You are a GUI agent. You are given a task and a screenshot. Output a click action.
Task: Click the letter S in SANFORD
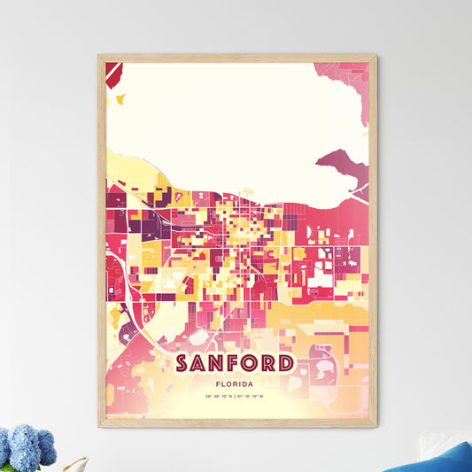click(x=183, y=364)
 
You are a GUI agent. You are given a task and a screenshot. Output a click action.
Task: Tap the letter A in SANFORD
click(x=201, y=364)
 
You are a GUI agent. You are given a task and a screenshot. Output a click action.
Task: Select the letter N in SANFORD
click(x=220, y=364)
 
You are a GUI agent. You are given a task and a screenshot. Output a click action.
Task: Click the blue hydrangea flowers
click(x=27, y=447)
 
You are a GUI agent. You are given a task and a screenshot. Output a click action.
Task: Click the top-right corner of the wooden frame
click(x=375, y=56)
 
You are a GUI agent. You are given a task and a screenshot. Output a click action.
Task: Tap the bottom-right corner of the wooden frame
click(x=375, y=426)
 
